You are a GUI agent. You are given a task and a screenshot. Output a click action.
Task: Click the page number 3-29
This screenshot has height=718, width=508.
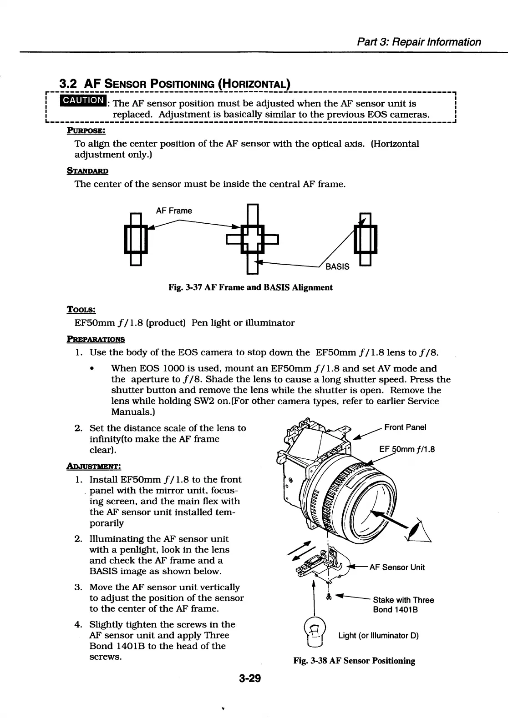(249, 679)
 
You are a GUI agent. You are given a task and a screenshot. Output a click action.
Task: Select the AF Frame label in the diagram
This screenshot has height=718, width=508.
(174, 211)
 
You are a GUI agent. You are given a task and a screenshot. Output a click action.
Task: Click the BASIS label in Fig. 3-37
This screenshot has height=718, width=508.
(337, 266)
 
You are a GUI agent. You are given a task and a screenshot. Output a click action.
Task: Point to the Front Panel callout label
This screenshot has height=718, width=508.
(405, 427)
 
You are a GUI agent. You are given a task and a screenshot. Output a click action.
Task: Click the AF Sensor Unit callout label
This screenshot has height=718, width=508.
(397, 567)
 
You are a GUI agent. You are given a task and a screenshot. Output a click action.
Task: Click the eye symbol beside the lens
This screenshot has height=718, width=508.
(421, 532)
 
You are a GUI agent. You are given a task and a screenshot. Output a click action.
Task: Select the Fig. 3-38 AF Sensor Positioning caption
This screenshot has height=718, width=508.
(354, 661)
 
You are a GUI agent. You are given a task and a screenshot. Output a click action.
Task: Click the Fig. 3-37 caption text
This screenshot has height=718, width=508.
(250, 287)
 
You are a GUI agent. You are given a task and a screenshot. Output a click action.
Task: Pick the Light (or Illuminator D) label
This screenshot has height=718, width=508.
(378, 635)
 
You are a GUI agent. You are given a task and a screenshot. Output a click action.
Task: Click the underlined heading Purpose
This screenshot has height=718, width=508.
(86, 131)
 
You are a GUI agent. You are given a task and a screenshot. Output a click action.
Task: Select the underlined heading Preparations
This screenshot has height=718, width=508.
(96, 339)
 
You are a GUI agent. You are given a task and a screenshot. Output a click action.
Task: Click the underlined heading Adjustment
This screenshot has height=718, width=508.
(94, 466)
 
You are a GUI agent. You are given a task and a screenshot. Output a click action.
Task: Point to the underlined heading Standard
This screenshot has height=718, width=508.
(87, 171)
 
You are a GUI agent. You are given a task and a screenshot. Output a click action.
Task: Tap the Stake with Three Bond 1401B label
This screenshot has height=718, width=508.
(403, 605)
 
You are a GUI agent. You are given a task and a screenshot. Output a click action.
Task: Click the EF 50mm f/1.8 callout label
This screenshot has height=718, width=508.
(406, 449)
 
